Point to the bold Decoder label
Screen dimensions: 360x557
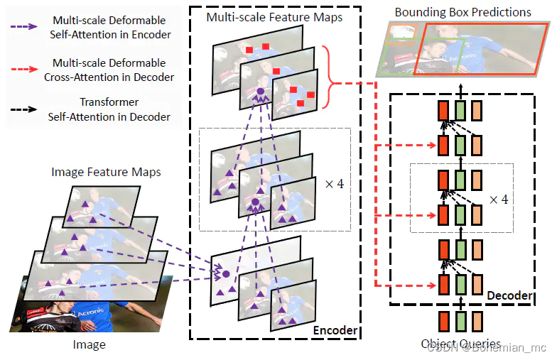(509, 295)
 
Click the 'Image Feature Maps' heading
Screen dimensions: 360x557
(106, 172)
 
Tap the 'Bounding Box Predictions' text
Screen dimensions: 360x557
(463, 12)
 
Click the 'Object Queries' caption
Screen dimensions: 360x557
(460, 344)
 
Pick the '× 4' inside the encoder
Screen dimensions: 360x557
(334, 183)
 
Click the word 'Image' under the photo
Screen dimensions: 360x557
(90, 345)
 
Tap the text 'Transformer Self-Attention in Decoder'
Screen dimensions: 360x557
(109, 109)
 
